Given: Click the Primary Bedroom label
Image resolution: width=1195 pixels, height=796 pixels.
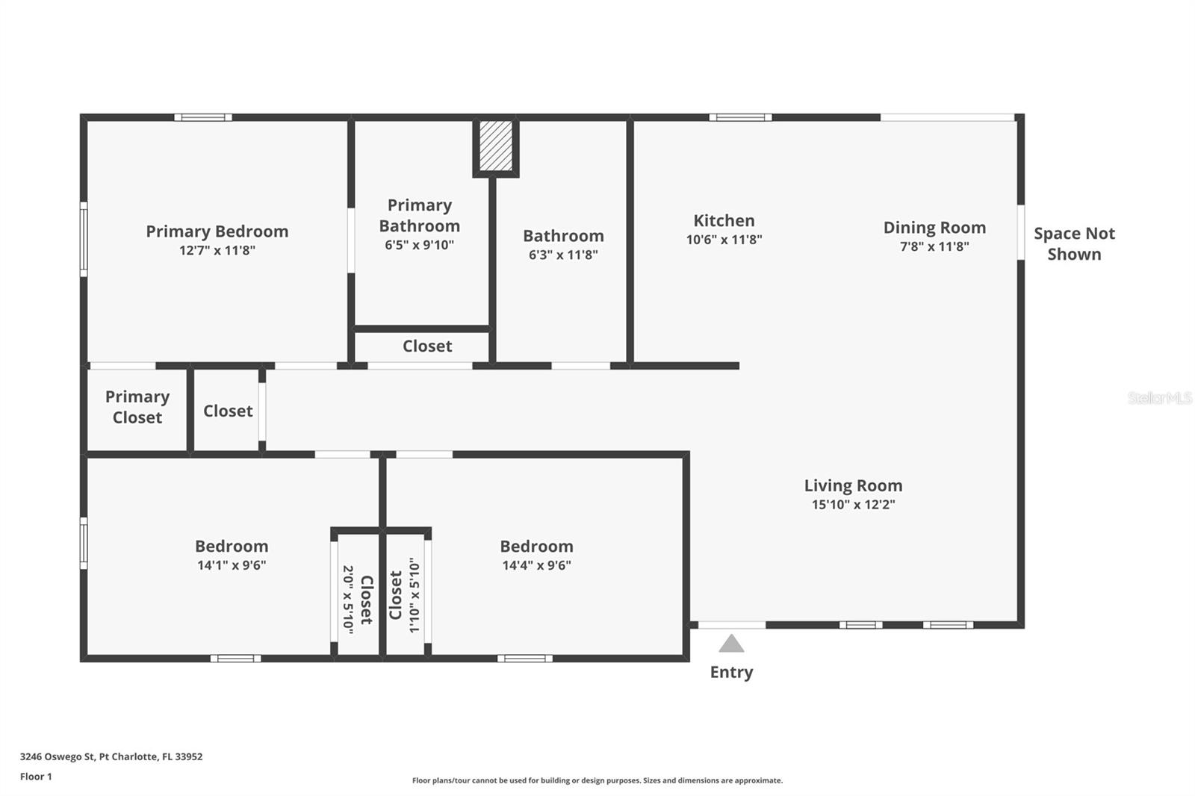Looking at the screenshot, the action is click(217, 231).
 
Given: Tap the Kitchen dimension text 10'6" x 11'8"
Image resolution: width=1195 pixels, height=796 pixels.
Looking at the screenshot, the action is click(724, 240).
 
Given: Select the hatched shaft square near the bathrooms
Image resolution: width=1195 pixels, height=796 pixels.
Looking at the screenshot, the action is click(496, 146).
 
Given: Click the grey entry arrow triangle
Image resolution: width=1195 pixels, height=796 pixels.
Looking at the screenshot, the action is click(731, 643).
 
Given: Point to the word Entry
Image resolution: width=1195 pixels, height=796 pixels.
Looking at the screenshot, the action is click(731, 672).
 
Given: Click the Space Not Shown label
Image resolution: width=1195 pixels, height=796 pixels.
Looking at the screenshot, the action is click(1075, 244).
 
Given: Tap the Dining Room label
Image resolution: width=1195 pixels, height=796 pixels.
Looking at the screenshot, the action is click(934, 228).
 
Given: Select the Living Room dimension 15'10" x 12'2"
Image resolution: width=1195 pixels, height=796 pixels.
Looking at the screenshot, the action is click(854, 505).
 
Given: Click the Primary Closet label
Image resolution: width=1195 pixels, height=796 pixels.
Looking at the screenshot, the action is click(137, 407).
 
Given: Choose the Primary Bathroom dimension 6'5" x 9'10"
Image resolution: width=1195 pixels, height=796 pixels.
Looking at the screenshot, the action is click(419, 245).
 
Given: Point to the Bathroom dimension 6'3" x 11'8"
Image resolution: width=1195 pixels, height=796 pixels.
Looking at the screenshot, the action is click(563, 255).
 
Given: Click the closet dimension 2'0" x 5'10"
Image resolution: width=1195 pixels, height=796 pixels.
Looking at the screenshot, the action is click(348, 600).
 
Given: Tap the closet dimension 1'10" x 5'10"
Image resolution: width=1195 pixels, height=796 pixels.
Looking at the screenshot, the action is click(415, 595).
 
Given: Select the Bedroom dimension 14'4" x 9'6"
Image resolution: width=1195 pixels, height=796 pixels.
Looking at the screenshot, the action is click(537, 565).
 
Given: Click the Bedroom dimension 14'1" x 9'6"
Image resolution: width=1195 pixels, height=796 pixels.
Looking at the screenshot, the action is click(232, 565).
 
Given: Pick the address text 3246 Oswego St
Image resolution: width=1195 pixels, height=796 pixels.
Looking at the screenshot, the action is click(58, 756).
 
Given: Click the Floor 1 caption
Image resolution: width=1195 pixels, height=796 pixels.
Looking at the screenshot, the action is click(37, 777).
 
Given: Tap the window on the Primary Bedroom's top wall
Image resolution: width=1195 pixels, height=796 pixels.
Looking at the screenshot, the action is click(203, 117).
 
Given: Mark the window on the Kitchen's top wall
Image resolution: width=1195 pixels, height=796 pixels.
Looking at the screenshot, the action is click(740, 117).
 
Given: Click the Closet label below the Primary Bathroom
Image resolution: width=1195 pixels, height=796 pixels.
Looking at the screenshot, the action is click(427, 346).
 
